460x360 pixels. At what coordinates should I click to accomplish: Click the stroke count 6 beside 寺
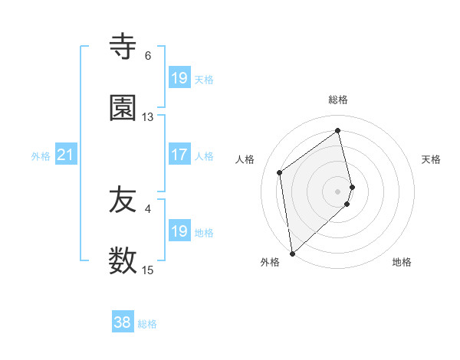(148, 56)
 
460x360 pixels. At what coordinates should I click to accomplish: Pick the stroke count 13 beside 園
(148, 117)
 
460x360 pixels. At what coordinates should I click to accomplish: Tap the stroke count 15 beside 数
(148, 270)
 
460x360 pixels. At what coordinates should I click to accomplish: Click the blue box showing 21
(66, 155)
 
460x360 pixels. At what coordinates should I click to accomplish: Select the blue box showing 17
(179, 155)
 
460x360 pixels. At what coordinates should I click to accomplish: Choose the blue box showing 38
(123, 323)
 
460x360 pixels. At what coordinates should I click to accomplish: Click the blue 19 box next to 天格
(179, 78)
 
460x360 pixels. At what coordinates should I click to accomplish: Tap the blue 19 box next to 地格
(179, 231)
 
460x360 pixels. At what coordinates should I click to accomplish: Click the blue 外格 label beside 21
(41, 156)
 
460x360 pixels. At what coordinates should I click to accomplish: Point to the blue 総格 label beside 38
(147, 324)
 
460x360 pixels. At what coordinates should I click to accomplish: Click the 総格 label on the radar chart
(338, 100)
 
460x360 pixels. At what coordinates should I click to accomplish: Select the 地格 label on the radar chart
(402, 262)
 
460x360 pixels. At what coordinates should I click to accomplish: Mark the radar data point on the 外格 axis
(291, 253)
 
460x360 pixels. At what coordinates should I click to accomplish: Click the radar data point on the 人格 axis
(280, 172)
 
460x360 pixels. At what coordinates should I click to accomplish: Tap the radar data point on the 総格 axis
(338, 130)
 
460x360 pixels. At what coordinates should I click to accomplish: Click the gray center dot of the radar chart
(338, 191)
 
